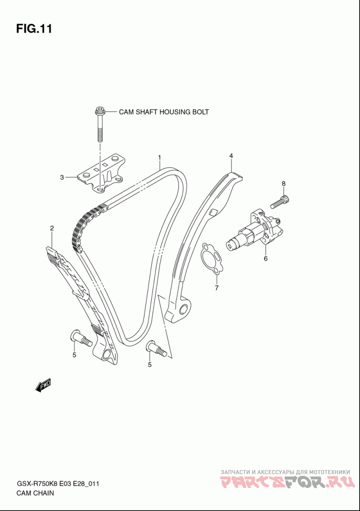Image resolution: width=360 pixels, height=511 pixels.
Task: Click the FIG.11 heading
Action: (x=34, y=29)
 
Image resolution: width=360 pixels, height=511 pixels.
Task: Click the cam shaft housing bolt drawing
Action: (x=99, y=124)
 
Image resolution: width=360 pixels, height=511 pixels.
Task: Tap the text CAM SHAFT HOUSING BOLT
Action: (x=163, y=112)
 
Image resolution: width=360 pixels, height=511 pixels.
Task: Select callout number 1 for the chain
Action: (x=160, y=158)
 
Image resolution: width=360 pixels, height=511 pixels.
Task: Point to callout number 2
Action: (x=52, y=228)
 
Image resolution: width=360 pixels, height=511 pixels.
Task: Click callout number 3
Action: (x=62, y=177)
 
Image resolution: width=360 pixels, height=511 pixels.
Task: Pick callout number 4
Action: (x=231, y=156)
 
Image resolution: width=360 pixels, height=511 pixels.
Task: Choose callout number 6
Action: (x=265, y=259)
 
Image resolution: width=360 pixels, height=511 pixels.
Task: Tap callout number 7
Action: (x=216, y=287)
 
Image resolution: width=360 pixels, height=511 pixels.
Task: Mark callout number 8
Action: (x=283, y=184)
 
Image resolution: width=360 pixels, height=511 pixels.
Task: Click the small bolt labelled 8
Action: (x=280, y=201)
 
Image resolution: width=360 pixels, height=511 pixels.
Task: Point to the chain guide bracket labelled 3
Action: (x=101, y=174)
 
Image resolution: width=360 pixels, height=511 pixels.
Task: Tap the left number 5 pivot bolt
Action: (x=81, y=339)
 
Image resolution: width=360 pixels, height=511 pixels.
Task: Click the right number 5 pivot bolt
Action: (x=157, y=349)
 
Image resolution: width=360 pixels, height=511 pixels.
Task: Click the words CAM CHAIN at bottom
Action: (x=35, y=493)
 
